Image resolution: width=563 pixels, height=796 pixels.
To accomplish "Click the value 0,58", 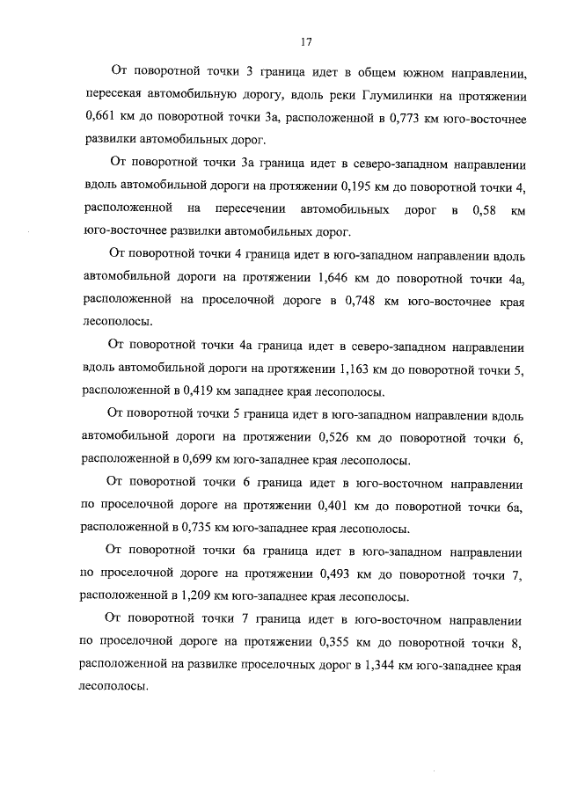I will point(484,209).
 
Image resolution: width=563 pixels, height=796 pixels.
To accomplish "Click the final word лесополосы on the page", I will point(112,690).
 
